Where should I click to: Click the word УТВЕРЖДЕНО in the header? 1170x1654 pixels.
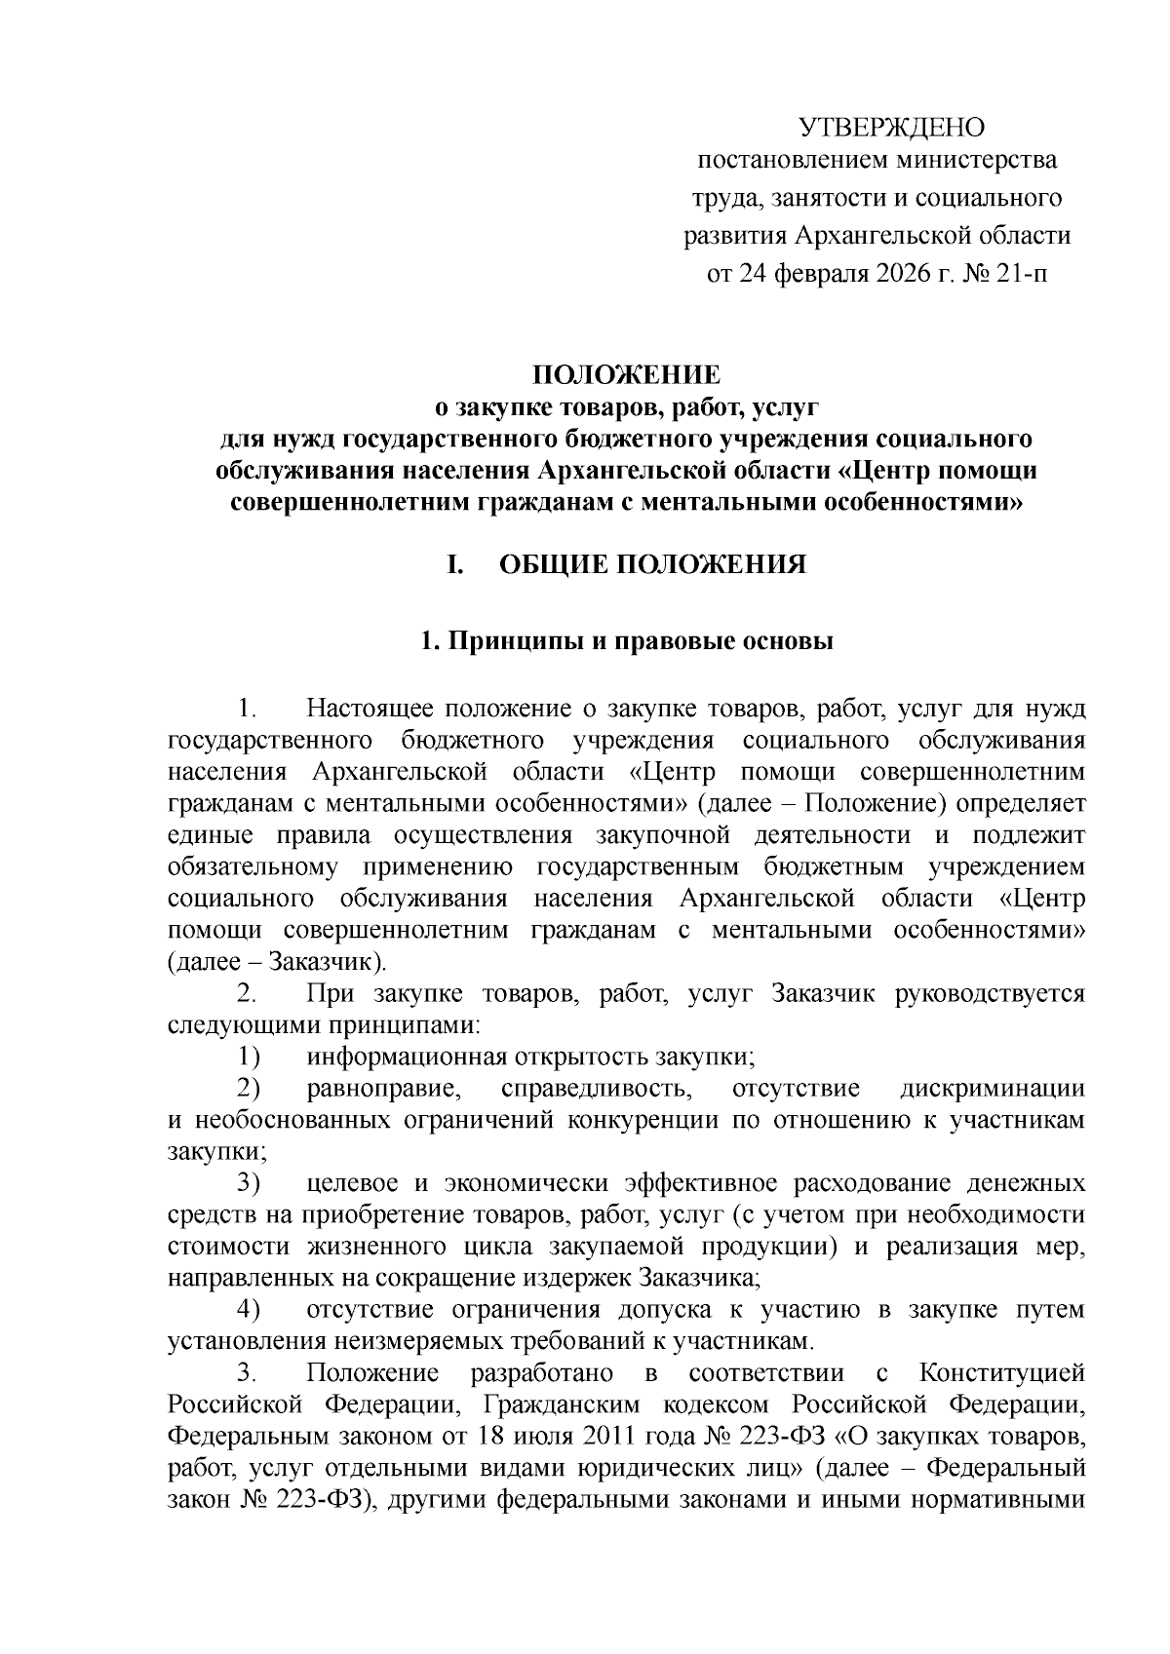892,128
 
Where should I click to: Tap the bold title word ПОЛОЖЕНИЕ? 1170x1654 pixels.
625,375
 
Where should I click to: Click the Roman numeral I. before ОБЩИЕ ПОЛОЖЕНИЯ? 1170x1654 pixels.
453,565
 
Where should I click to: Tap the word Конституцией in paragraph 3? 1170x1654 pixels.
1002,1373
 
